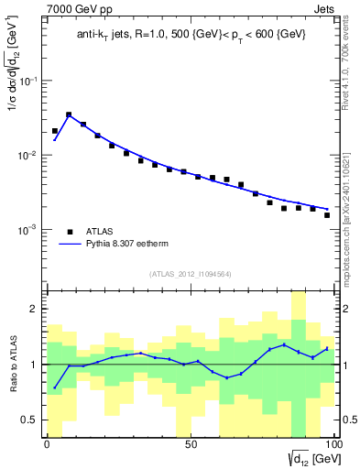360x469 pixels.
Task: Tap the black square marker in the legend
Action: (71, 231)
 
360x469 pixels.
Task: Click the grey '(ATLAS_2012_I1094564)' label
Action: (190, 273)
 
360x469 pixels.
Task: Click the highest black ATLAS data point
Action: (69, 115)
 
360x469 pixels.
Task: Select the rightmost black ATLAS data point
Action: (327, 215)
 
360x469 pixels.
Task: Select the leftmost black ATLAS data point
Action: (55, 131)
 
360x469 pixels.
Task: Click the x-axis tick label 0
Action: (47, 444)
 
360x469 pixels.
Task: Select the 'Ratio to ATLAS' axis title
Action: (12, 365)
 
